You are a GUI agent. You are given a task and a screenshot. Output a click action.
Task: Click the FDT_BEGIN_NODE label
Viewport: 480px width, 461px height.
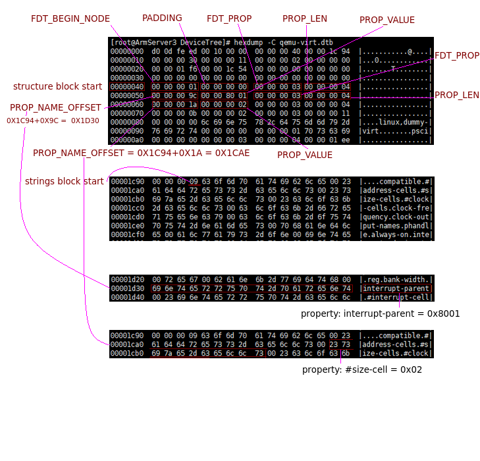click(70, 18)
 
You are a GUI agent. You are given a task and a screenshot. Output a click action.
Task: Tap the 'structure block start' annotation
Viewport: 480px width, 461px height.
click(58, 86)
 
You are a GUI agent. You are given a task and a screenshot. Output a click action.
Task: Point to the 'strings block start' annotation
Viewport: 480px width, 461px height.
click(65, 181)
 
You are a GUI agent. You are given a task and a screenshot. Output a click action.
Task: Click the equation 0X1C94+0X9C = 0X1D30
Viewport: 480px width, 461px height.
click(53, 121)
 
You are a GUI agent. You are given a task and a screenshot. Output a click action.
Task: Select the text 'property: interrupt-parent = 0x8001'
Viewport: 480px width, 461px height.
click(381, 313)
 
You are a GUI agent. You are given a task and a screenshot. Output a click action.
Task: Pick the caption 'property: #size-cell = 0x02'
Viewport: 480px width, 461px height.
click(362, 369)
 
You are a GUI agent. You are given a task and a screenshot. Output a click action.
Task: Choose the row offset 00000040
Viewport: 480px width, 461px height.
click(128, 87)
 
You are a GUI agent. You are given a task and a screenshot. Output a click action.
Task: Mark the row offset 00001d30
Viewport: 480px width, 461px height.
click(128, 288)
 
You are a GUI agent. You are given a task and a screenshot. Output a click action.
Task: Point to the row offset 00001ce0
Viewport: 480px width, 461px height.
click(128, 226)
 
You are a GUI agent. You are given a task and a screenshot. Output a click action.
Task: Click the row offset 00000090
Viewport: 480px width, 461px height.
click(128, 131)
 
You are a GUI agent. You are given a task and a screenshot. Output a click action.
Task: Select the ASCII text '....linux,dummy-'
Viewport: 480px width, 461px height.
click(395, 122)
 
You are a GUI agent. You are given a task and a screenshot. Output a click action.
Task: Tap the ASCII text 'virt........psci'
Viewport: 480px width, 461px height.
click(395, 131)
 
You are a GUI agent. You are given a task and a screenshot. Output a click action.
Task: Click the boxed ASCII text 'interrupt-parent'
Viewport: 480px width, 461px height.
click(396, 288)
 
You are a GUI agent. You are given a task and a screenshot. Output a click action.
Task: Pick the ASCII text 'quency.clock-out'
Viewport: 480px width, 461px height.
click(395, 217)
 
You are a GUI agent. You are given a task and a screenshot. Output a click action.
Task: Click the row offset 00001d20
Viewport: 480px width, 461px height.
click(128, 279)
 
